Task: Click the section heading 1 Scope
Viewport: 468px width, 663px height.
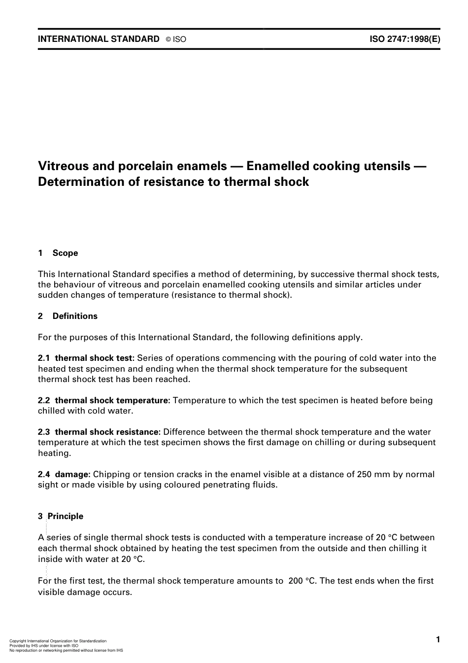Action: coord(58,253)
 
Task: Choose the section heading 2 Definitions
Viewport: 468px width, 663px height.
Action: coord(68,316)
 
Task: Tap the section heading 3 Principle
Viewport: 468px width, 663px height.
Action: coord(61,516)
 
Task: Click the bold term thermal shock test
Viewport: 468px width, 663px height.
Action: coord(94,358)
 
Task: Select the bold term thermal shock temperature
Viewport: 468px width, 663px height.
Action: coord(112,400)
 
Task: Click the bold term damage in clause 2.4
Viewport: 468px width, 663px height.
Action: coord(72,474)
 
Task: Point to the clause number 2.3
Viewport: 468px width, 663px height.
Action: coord(44,432)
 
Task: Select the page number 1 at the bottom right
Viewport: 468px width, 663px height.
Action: coord(437,639)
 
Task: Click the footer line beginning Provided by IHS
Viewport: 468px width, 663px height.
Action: coord(44,646)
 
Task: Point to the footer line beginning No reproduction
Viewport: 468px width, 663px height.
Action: coord(66,651)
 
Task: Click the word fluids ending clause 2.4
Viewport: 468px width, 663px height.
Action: coord(266,485)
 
